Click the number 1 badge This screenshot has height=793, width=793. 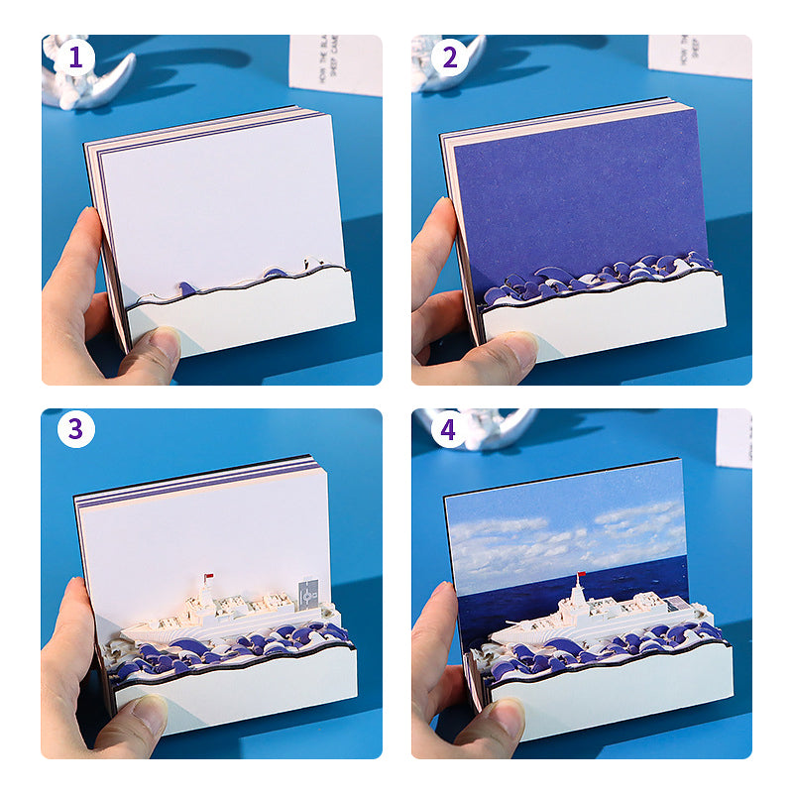coord(74,57)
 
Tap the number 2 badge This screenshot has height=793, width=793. coord(449,57)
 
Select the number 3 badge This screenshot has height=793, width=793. coord(74,430)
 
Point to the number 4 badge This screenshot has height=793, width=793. coord(449,430)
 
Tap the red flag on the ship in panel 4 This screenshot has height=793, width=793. coord(581,576)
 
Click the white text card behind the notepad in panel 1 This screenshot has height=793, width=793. coord(337,65)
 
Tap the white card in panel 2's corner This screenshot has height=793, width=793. coord(700,56)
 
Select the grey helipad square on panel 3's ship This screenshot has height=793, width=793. coord(308,592)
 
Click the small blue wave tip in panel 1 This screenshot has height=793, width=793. coord(185,288)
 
